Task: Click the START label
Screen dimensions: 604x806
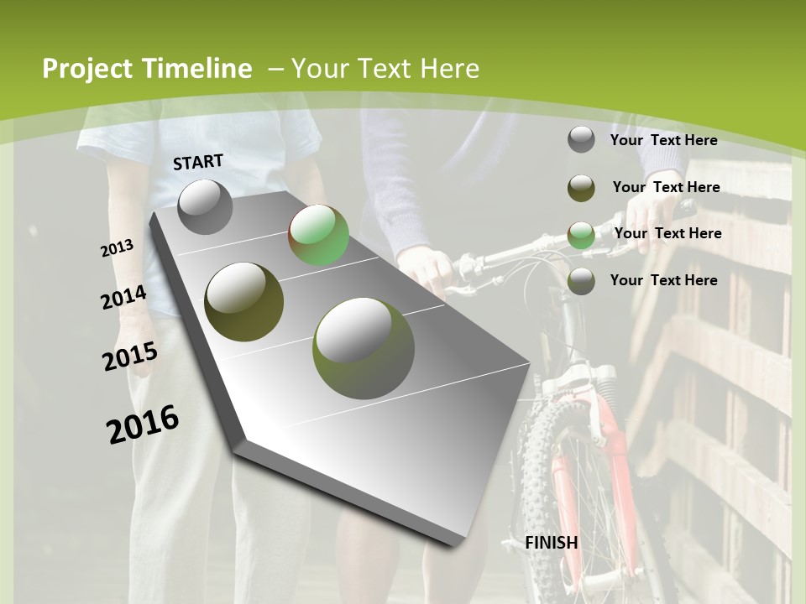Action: pyautogui.click(x=198, y=162)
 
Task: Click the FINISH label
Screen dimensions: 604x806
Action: pyautogui.click(x=552, y=542)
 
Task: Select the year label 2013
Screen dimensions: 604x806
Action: pyautogui.click(x=117, y=247)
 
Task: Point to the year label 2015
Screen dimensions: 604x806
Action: pyautogui.click(x=130, y=357)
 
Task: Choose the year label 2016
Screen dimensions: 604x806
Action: pyautogui.click(x=143, y=424)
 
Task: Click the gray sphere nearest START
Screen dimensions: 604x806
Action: pyautogui.click(x=205, y=206)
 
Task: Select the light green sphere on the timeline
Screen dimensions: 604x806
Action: pyautogui.click(x=318, y=235)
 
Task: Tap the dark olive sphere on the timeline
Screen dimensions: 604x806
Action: pyautogui.click(x=244, y=301)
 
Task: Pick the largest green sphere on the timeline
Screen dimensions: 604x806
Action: pyautogui.click(x=363, y=348)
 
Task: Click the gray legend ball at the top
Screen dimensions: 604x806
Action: pyautogui.click(x=581, y=140)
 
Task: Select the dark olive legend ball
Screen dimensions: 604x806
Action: pyautogui.click(x=581, y=188)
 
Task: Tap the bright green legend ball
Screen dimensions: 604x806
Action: pyautogui.click(x=581, y=235)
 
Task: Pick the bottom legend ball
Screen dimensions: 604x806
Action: pyautogui.click(x=581, y=281)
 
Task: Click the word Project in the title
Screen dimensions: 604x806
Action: pyautogui.click(x=88, y=69)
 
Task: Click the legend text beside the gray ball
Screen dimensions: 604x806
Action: pyautogui.click(x=663, y=140)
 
